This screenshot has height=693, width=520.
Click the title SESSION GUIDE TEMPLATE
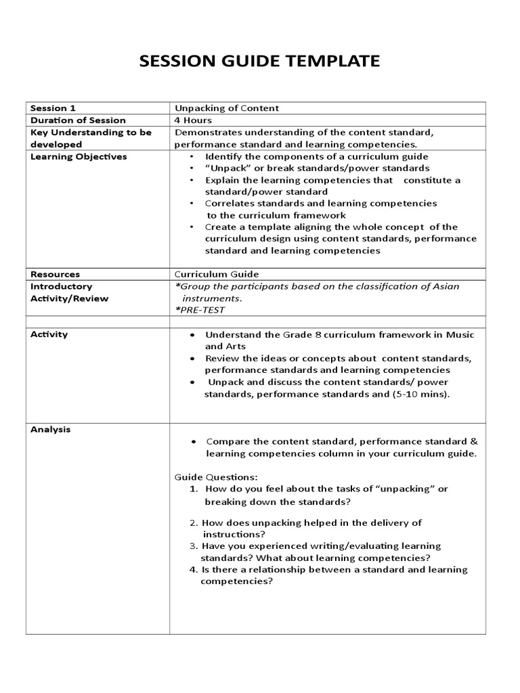point(259,62)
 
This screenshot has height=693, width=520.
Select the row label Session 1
point(49,108)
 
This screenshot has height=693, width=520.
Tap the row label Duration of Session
point(78,120)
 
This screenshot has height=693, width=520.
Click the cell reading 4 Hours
point(194,120)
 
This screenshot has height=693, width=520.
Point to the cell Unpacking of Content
point(227,108)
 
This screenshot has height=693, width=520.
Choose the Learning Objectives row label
point(79,157)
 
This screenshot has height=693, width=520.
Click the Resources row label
point(55,274)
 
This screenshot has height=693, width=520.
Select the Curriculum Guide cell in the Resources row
point(217,274)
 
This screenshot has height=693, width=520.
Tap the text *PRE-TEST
point(200,310)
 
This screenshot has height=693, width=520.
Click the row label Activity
point(49,334)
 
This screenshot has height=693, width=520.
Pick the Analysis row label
point(50,429)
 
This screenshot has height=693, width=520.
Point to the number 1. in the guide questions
point(193,489)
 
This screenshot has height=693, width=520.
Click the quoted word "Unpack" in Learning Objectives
point(222,168)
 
